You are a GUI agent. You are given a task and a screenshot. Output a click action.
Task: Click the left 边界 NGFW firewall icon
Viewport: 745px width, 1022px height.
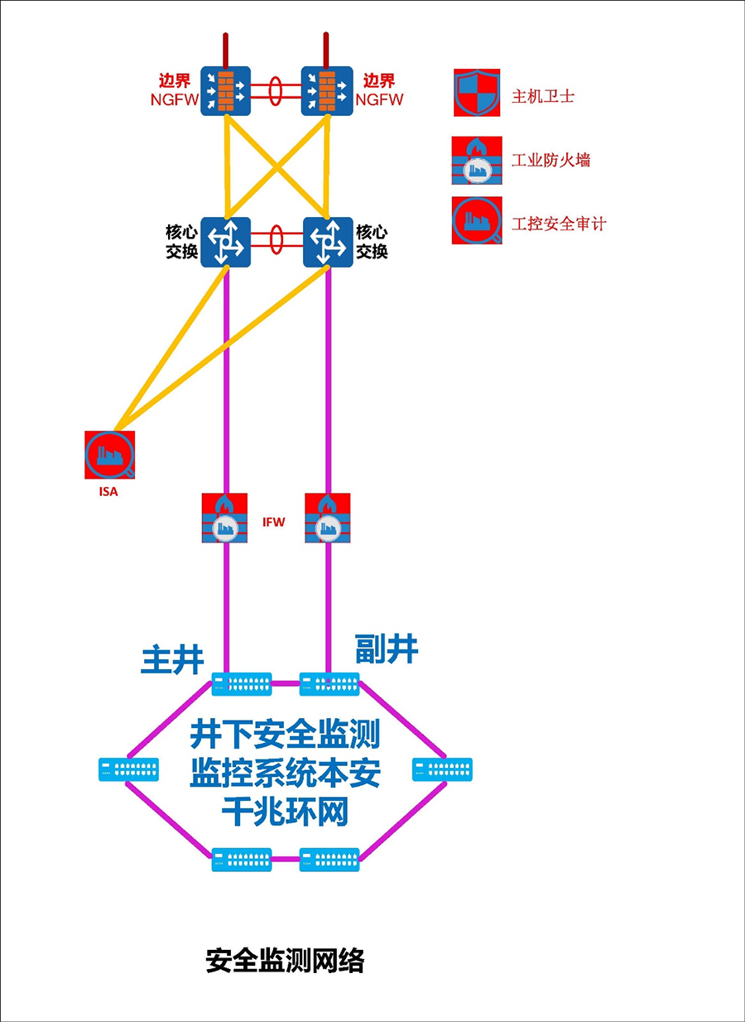(225, 91)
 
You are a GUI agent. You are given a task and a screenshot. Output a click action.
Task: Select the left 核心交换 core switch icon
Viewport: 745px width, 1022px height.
(225, 242)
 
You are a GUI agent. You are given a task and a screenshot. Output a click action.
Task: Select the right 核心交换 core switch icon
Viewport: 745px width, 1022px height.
(328, 242)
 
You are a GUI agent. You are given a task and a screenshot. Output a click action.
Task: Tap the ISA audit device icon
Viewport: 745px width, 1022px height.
(109, 454)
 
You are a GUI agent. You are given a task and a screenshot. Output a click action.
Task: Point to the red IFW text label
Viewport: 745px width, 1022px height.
(274, 523)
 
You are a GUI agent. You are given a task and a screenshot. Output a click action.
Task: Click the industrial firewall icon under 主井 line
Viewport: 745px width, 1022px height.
(225, 518)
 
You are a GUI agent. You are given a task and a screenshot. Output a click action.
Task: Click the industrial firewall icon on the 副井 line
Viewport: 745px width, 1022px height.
(328, 518)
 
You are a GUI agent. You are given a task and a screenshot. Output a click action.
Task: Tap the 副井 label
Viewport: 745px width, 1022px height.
(387, 648)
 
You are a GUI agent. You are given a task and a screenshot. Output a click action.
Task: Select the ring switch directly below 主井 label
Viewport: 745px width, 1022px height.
(242, 684)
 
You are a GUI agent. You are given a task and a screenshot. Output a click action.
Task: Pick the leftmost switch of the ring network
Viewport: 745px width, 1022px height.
(128, 770)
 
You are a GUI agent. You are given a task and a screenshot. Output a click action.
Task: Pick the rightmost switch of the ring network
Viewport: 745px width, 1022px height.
(442, 770)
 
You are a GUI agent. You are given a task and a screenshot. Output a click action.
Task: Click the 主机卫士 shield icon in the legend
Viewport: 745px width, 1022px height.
(477, 93)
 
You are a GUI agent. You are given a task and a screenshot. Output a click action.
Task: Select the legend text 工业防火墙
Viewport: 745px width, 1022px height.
(550, 160)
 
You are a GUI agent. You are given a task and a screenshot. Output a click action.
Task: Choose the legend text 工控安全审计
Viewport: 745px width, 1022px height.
(559, 224)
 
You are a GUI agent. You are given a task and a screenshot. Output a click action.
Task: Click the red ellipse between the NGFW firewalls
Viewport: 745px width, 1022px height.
(276, 89)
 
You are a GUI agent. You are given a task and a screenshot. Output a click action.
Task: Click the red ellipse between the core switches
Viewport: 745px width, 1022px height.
(276, 239)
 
